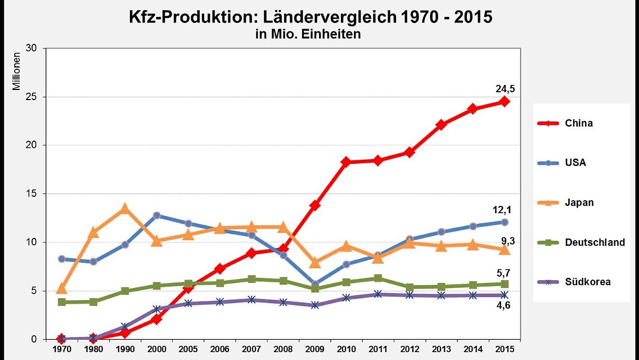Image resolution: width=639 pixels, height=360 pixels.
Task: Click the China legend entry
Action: (579, 123)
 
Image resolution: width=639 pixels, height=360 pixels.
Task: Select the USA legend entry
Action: (575, 163)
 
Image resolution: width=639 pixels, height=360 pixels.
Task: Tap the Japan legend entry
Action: (579, 202)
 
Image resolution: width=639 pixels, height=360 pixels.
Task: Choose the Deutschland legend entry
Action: (595, 242)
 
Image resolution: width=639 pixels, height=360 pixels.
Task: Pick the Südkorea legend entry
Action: (588, 282)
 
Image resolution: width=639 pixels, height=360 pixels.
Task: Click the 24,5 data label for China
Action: (505, 88)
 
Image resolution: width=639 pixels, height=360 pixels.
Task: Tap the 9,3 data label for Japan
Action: (507, 241)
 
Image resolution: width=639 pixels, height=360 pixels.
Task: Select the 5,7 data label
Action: (504, 273)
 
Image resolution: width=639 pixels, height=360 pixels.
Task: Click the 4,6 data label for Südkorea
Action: (504, 305)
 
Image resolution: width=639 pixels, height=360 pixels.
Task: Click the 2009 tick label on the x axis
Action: (315, 350)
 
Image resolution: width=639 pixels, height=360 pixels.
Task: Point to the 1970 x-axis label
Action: (61, 350)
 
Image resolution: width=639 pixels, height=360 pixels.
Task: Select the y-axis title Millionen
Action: (17, 71)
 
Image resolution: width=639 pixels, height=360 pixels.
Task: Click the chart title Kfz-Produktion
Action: (310, 17)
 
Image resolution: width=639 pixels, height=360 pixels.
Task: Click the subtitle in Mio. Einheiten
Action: (308, 34)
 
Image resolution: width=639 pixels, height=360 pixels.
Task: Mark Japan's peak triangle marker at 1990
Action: (125, 209)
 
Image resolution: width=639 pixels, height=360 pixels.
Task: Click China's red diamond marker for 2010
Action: (346, 162)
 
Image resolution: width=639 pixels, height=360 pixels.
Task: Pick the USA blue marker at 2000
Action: (156, 215)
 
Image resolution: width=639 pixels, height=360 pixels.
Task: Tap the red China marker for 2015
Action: (505, 102)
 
